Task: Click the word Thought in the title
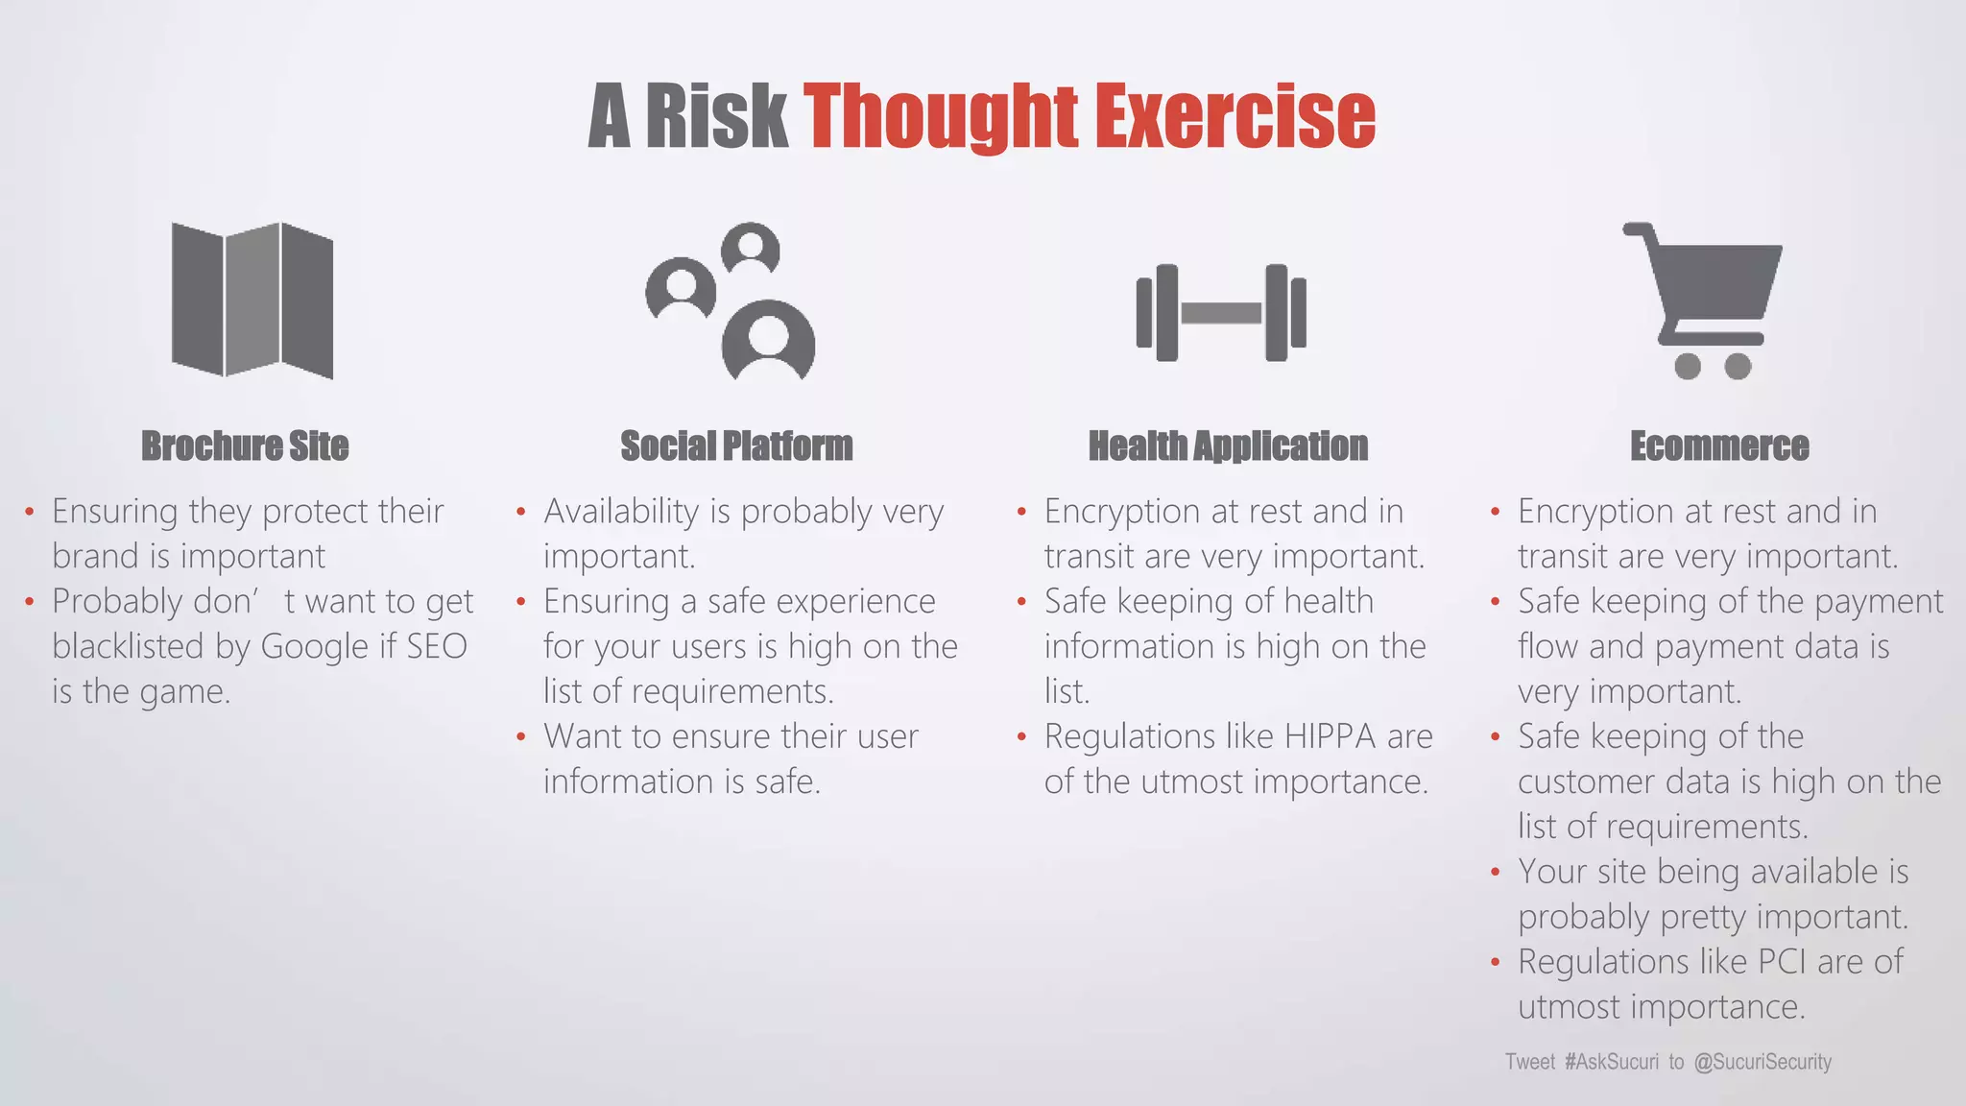941,117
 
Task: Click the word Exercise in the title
1235,117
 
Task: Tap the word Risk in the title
716,117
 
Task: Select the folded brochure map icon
252,300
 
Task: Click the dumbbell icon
1221,312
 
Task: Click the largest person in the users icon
768,341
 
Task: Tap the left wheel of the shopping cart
1687,366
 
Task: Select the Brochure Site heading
245,446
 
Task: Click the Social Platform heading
736,446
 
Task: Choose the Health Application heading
1228,446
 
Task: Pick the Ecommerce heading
1719,446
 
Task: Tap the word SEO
436,646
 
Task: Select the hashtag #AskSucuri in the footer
1611,1062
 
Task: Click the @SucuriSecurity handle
1762,1062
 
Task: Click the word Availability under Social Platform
621,512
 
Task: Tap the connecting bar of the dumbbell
1221,313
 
